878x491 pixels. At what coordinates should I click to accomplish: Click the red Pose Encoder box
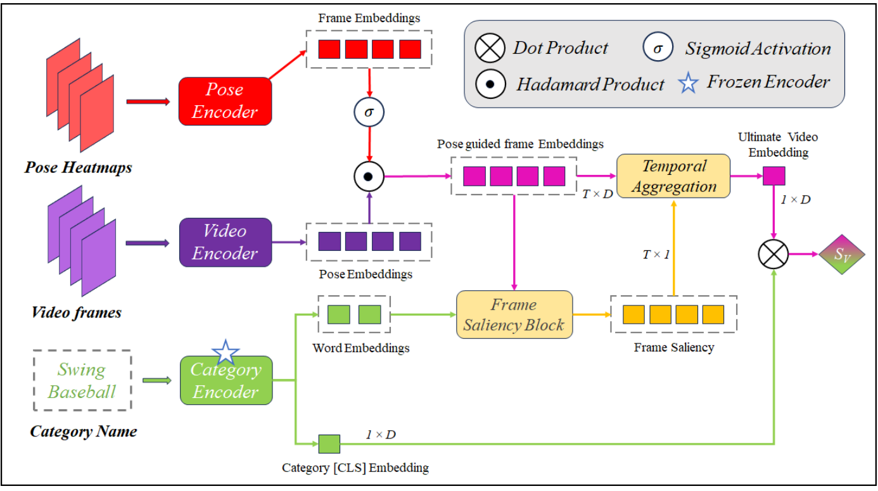pos(226,101)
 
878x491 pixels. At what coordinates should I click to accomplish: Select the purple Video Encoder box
pos(226,242)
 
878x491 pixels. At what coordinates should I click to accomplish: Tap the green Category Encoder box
pos(226,381)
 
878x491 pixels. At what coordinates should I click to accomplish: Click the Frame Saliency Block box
pos(514,314)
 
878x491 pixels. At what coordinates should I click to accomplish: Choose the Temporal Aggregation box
pos(673,177)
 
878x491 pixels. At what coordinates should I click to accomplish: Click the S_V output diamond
pos(841,256)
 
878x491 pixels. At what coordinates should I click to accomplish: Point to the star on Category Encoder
pos(226,352)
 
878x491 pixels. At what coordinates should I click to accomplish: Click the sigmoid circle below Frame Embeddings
pos(369,113)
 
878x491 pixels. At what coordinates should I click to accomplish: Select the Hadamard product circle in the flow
pos(369,176)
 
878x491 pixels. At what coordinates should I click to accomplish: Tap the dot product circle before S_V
pos(773,256)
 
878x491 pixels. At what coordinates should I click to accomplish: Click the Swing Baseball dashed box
pos(82,380)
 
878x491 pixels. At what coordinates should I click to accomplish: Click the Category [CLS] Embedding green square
pos(329,445)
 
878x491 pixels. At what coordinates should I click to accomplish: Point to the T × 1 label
pos(656,254)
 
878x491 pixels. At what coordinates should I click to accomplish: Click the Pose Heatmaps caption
pos(79,168)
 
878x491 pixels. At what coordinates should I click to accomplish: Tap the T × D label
pos(597,194)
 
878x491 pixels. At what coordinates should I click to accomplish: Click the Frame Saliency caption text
pos(673,347)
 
